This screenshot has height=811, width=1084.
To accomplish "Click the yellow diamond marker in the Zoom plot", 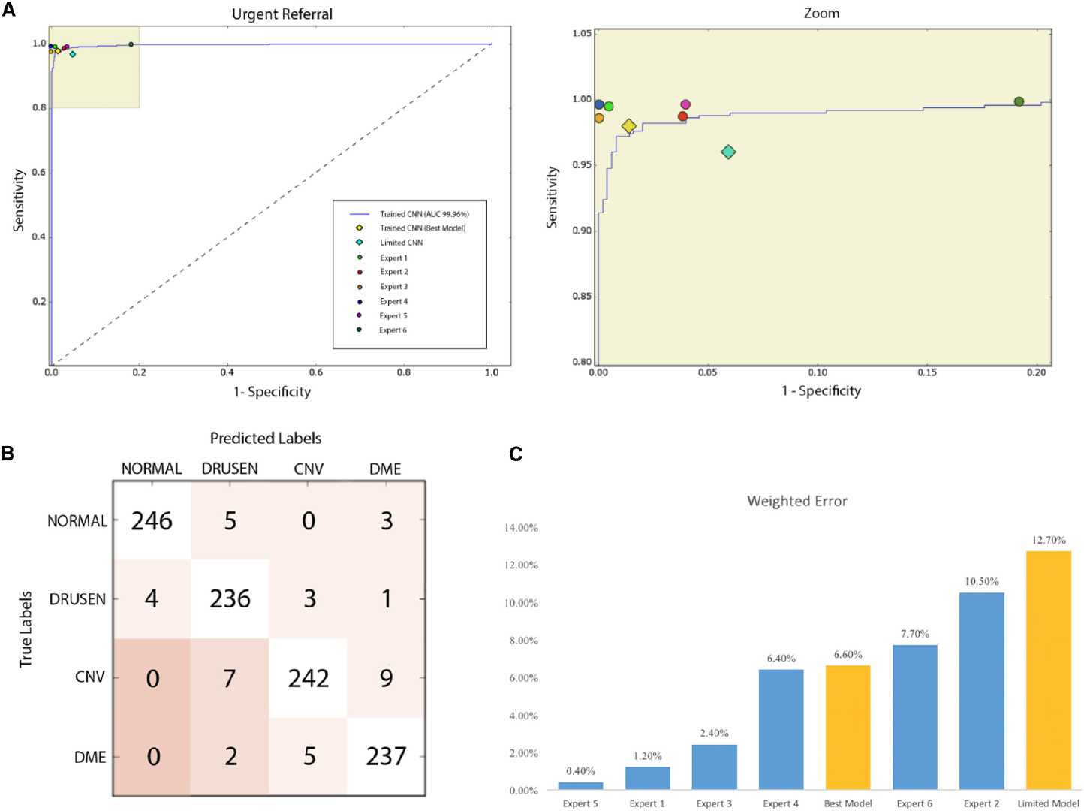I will [629, 126].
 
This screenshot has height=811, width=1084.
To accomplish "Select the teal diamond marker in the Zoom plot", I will [728, 152].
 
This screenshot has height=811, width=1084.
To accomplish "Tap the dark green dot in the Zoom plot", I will [1019, 101].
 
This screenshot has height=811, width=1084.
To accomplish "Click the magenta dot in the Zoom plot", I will [685, 105].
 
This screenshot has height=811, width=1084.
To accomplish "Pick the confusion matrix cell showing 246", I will [152, 520].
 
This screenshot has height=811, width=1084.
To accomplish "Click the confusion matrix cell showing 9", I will [386, 678].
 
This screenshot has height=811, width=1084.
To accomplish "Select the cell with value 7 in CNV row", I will [230, 678].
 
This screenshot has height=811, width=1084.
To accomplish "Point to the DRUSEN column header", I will [230, 469].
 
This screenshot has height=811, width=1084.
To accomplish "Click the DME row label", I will [90, 757].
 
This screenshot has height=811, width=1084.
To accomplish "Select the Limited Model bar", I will [1048, 670].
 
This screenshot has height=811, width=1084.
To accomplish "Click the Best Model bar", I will [848, 727].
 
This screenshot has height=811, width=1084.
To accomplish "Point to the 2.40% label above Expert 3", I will [714, 733].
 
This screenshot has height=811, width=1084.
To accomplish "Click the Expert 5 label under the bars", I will [580, 803].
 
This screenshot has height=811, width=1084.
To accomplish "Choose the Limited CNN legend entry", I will [401, 243].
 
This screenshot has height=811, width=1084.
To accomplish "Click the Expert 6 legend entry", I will [393, 330].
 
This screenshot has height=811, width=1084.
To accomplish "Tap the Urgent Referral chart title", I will [282, 14].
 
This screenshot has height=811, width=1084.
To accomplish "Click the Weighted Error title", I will [796, 501].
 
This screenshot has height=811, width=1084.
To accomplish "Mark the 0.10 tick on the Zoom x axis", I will [818, 372].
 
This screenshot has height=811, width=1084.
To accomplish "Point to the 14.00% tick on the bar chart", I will [521, 528].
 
